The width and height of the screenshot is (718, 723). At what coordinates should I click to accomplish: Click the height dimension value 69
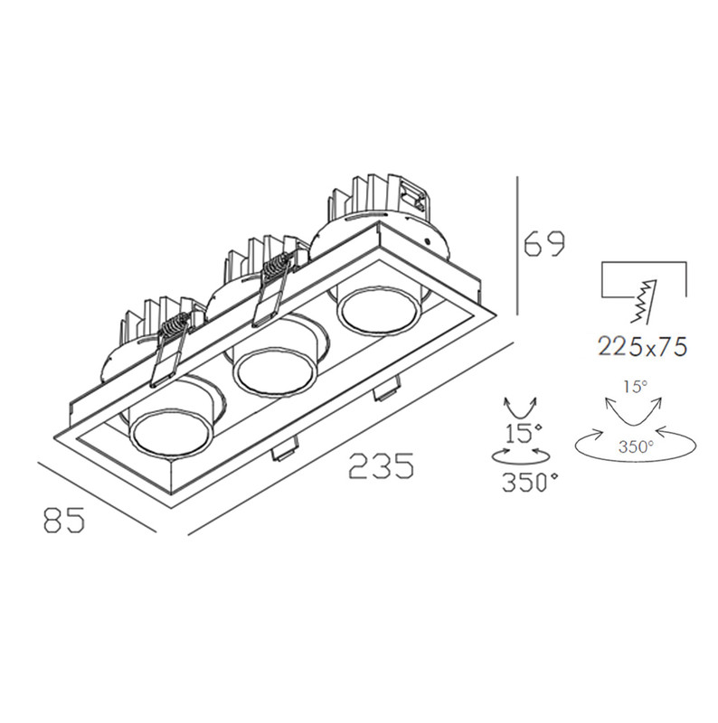544,245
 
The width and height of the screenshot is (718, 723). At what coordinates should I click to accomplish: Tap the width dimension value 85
63,520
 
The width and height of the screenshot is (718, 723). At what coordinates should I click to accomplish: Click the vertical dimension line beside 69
516,244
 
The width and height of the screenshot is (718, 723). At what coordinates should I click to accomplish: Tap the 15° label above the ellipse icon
636,387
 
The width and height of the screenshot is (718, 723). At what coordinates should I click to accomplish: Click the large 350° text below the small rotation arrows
529,483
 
